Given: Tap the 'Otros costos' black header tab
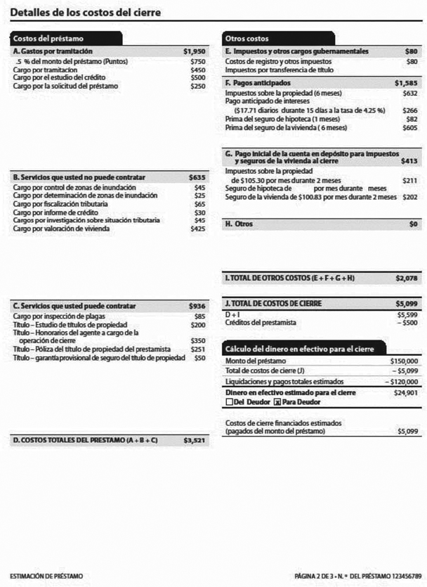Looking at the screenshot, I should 247,39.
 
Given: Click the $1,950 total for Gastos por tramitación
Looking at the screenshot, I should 195,52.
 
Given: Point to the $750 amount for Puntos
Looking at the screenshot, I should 198,62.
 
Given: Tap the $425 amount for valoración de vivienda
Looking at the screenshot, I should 198,228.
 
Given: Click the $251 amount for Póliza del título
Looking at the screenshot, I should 198,349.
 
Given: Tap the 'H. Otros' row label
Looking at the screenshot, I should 238,224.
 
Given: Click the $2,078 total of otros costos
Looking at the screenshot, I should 407,278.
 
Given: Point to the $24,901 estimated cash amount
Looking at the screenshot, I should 407,392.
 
